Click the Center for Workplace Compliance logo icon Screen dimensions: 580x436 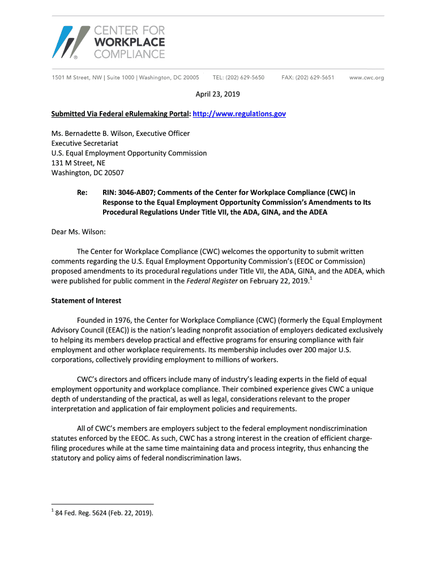(71, 42)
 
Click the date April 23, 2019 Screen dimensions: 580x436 (218, 95)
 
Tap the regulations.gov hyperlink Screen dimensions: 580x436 (239, 114)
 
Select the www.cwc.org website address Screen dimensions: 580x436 (367, 78)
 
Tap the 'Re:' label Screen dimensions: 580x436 (82, 193)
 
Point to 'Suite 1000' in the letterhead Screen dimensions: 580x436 (118, 78)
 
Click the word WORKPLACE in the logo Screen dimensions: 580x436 (129, 42)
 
